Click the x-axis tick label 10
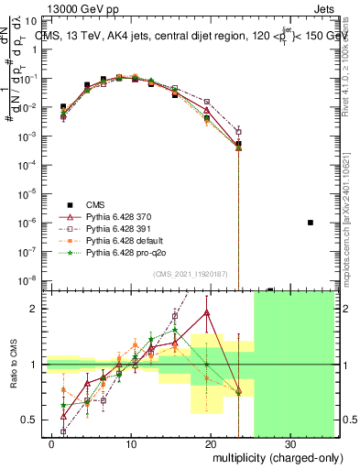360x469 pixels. point(132,443)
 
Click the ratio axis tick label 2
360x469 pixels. point(38,309)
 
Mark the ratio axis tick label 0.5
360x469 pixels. point(34,420)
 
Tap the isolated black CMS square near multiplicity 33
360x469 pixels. point(311,223)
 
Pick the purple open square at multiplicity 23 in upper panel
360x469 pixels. point(238,132)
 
